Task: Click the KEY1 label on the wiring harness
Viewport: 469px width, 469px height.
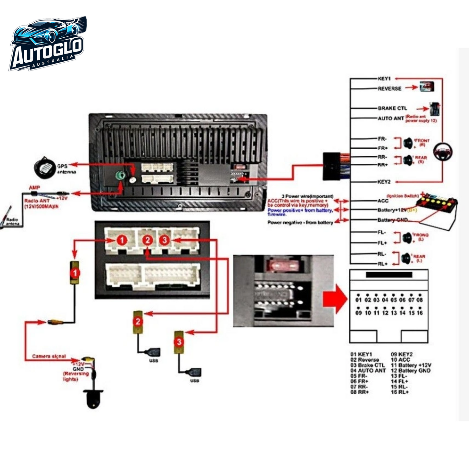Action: click(x=384, y=79)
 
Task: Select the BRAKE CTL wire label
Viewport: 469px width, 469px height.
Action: click(x=392, y=108)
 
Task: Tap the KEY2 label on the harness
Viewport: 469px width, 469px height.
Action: click(x=384, y=182)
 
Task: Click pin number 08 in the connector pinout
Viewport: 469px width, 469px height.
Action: click(x=420, y=300)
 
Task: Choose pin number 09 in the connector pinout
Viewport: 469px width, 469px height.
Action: click(x=359, y=313)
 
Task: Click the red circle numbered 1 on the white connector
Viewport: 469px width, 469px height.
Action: click(x=122, y=240)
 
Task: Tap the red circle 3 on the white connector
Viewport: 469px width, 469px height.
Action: click(x=165, y=240)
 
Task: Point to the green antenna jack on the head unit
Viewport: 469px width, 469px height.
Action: click(x=120, y=176)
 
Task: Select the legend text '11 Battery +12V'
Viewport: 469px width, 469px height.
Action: click(x=411, y=365)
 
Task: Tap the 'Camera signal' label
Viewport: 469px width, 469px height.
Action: click(x=49, y=356)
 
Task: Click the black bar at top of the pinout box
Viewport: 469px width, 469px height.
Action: click(x=389, y=275)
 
